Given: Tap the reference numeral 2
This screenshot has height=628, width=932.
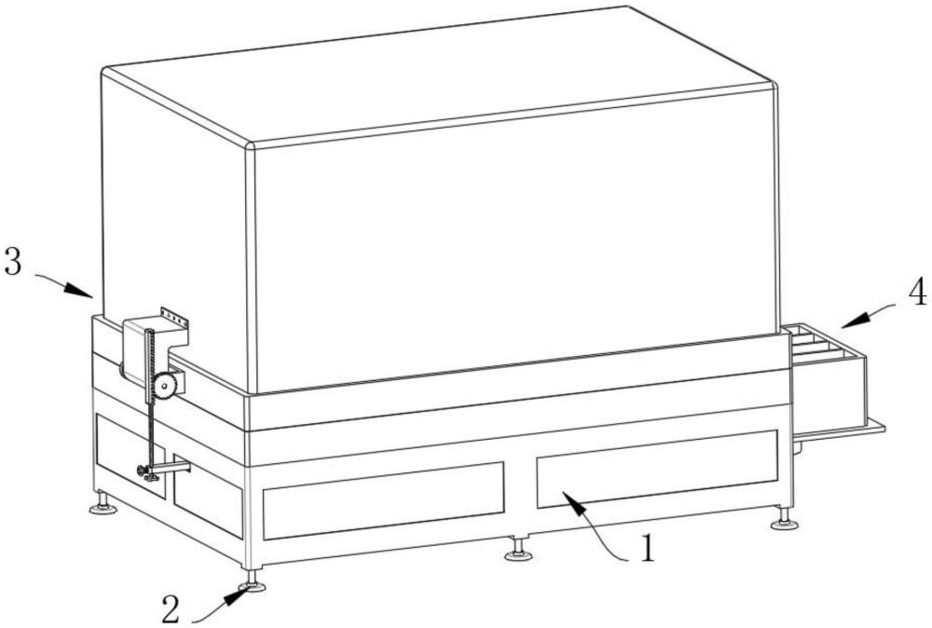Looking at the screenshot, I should click(171, 609).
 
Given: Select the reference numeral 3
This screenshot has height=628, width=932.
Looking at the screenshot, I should click(13, 263).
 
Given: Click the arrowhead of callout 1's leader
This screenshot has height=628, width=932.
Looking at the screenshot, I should click(567, 500).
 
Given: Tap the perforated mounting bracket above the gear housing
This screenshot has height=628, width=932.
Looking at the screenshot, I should click(174, 318).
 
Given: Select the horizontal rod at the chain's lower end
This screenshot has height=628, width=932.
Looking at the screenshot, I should click(171, 467).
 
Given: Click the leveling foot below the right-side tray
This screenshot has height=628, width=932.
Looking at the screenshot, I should click(785, 523).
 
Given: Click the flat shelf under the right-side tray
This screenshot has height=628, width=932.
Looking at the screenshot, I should click(839, 430).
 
